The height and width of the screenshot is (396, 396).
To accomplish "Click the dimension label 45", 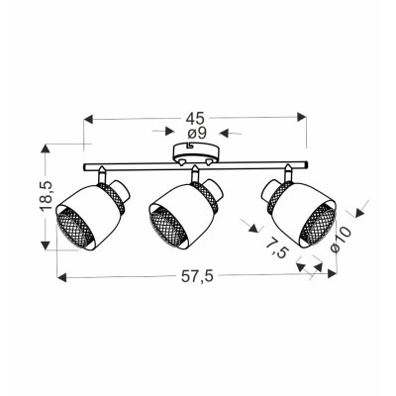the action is point(195,118).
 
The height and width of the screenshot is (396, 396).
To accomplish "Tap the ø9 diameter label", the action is point(197,133).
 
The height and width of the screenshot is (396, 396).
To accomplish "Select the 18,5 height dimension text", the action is point(46,196).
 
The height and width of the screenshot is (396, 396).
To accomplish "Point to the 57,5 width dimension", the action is point(198,276).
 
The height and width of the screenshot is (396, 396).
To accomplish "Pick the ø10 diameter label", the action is point(340,239).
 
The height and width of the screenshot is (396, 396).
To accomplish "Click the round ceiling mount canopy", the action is point(196,153).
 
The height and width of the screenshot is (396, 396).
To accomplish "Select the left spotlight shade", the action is point(92,215).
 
